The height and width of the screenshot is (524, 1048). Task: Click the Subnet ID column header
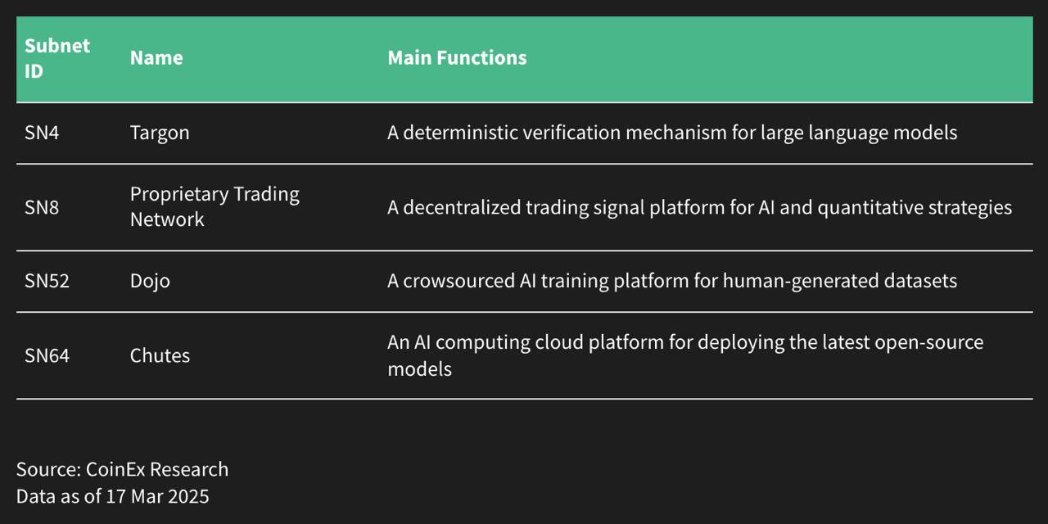(x=56, y=58)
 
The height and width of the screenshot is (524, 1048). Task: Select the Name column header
(x=156, y=58)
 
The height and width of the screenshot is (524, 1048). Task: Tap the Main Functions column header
(x=457, y=58)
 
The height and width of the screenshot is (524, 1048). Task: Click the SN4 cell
(x=42, y=133)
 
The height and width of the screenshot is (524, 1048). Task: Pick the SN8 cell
(x=42, y=207)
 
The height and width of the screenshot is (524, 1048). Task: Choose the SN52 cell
(x=47, y=282)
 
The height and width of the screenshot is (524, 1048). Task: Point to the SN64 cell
(x=47, y=356)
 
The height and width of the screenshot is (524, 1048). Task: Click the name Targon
(x=160, y=133)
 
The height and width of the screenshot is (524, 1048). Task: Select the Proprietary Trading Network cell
(x=215, y=206)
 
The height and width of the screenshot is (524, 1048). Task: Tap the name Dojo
(x=150, y=282)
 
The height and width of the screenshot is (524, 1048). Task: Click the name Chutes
(x=160, y=356)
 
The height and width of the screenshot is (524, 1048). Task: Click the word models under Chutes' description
(x=419, y=369)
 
